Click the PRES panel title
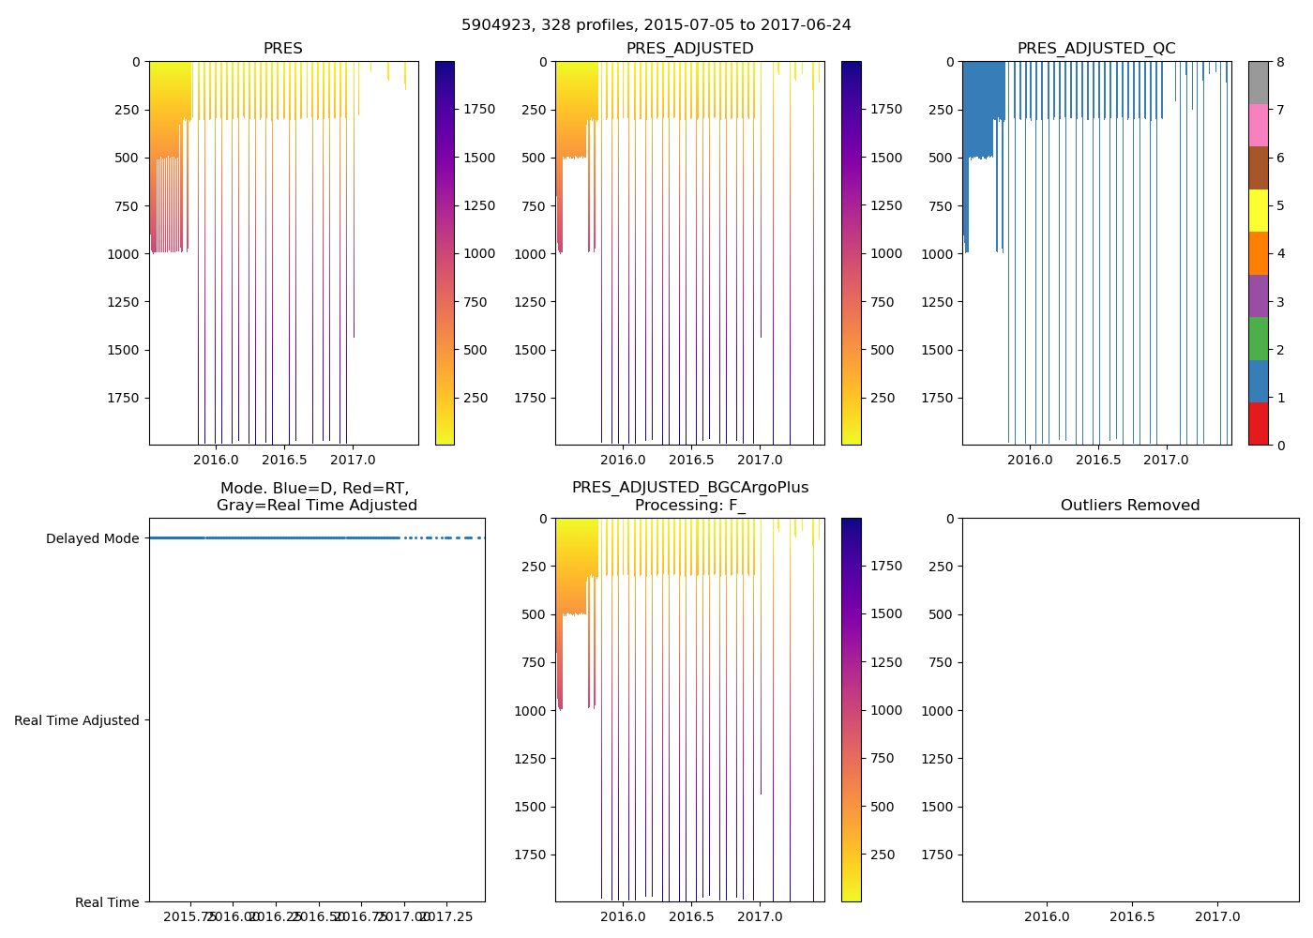coord(282,49)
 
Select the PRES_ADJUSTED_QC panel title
coord(1096,49)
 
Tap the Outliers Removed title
coord(1130,506)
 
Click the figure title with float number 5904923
coord(656,25)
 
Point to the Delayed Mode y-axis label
coord(92,538)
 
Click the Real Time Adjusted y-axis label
coord(77,720)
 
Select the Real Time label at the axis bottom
coord(107,902)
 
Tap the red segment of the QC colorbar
coord(1258,424)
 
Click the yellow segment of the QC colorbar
coord(1258,211)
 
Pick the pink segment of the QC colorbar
coord(1258,126)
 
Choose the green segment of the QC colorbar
coord(1258,339)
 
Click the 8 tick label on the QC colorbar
coord(1280,62)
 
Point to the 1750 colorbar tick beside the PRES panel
coord(479,110)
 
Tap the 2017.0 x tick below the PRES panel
coord(353,460)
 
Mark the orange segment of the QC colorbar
coord(1258,253)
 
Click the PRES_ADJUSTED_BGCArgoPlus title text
coord(690,488)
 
